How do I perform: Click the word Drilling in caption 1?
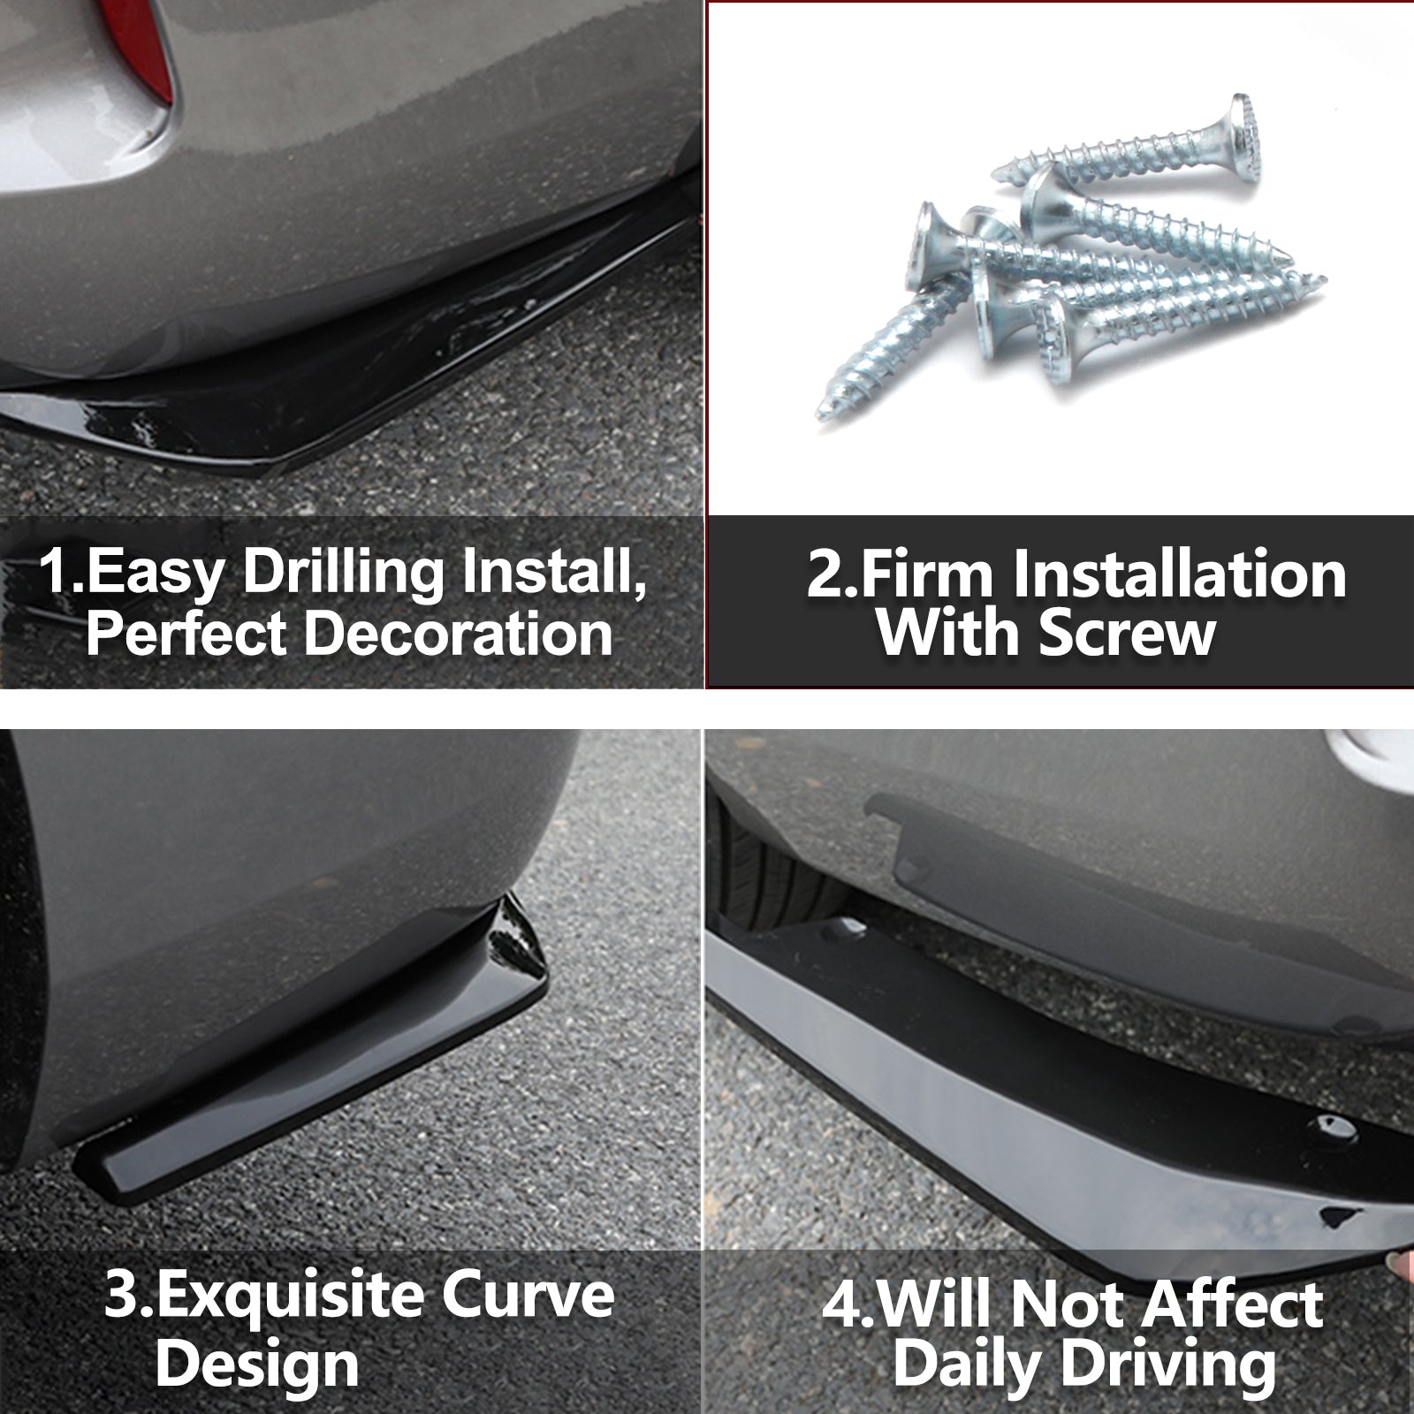coord(343,573)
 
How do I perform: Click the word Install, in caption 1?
coord(556,573)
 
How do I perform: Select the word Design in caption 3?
coord(257,1364)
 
